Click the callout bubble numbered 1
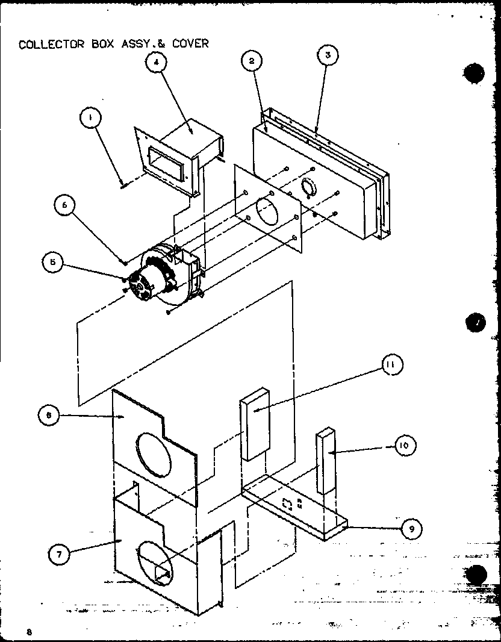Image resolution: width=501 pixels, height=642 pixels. tap(90, 119)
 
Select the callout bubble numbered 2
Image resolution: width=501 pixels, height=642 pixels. tap(252, 60)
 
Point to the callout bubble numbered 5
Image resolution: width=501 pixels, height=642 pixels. tap(53, 261)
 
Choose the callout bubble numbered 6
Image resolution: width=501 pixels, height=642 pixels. tap(64, 205)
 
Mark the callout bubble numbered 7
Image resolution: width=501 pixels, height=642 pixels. tap(58, 555)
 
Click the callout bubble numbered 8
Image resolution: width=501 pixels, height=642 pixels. tap(48, 415)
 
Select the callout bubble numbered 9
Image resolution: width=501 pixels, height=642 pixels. tap(411, 529)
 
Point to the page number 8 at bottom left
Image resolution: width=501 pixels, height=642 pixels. tap(28, 632)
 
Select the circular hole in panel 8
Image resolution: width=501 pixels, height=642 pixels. tap(154, 463)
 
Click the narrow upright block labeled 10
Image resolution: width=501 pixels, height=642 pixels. tap(325, 461)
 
